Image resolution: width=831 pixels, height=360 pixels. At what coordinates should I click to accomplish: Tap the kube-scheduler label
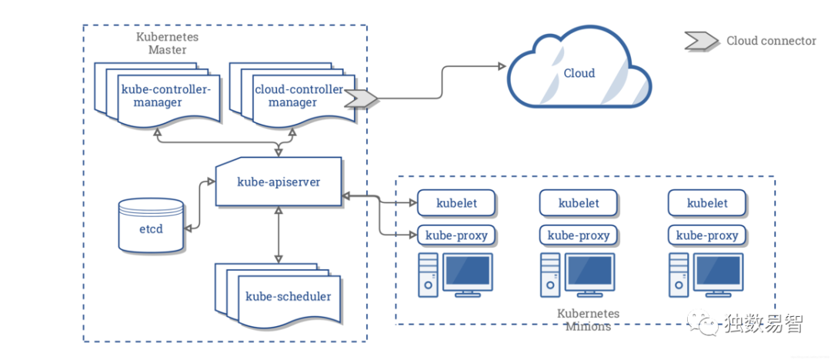tap(288, 296)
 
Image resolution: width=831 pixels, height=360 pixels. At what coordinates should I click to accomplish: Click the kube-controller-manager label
tap(166, 95)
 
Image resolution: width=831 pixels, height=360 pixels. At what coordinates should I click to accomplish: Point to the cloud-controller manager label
tap(299, 95)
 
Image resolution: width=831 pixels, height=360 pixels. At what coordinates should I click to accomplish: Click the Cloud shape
tap(579, 74)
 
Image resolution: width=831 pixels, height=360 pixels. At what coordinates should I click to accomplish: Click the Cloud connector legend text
tap(771, 42)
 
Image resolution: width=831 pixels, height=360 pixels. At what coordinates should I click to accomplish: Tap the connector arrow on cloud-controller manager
tap(361, 98)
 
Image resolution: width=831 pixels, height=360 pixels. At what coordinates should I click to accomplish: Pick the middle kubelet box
tap(579, 204)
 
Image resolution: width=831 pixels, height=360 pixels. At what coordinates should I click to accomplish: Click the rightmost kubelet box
tap(707, 204)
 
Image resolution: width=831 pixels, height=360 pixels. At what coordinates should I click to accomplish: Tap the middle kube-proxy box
tap(579, 235)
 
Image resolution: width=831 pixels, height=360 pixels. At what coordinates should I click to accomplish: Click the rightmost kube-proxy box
tap(707, 235)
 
